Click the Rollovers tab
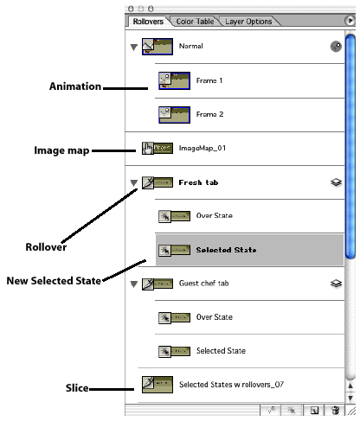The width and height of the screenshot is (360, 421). point(148,22)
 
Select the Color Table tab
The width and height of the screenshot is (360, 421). point(195,22)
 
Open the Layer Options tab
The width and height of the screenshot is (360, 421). point(248,22)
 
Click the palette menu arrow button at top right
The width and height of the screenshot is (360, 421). point(350,21)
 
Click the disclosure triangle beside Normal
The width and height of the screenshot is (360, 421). point(133,48)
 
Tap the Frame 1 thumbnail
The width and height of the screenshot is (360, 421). point(174,80)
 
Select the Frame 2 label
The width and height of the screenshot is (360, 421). point(209,114)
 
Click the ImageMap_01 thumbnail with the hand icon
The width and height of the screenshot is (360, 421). point(157,148)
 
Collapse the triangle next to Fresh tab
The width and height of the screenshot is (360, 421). point(133,183)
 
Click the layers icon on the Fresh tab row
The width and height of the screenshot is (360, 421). point(336,182)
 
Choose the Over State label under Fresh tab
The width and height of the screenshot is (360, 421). point(215,215)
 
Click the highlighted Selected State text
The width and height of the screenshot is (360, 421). point(226,250)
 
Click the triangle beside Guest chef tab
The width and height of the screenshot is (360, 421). point(133,284)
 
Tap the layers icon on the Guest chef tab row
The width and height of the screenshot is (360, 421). point(336,284)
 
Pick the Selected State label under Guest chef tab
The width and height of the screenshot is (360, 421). point(221,351)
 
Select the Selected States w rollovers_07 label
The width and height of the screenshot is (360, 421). point(231,385)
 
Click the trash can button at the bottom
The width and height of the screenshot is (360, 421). point(335,410)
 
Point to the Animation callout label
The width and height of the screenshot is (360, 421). point(75,86)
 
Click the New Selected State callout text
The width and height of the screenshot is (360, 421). point(54,281)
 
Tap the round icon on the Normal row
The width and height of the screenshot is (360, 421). point(336,47)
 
